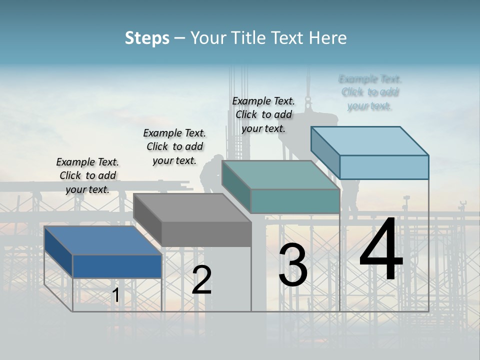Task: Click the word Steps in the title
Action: tap(147, 38)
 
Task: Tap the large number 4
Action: tap(381, 249)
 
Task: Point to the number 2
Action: tap(201, 280)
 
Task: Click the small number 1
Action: tap(115, 295)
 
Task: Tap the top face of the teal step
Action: tap(280, 175)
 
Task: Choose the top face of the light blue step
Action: tap(369, 141)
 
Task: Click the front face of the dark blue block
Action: tap(117, 266)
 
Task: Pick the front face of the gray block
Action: tap(206, 234)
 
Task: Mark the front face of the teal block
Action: tap(295, 201)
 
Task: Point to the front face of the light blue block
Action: tap(384, 167)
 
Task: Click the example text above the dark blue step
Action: tap(87, 175)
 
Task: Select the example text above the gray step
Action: tap(174, 146)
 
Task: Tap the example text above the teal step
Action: tap(263, 114)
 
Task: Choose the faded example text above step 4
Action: tap(370, 92)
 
